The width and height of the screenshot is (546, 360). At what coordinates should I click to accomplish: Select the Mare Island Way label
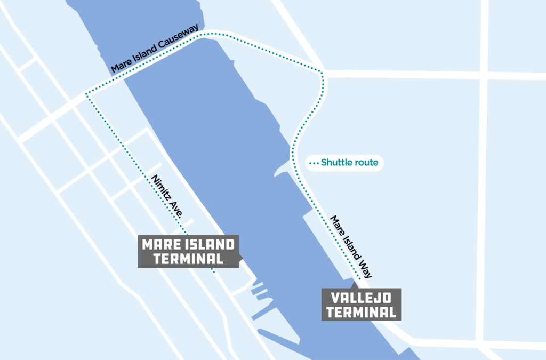point(351,246)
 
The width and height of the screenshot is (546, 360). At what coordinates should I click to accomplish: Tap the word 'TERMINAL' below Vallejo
point(361,312)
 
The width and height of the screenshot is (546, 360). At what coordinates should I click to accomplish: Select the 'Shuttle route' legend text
point(352,163)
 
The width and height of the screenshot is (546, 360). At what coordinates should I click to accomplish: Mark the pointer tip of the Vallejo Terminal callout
point(352,284)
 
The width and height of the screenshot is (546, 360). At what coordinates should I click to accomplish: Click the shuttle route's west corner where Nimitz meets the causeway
point(87,94)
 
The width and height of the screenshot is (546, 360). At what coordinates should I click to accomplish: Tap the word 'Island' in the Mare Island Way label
point(349,245)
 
